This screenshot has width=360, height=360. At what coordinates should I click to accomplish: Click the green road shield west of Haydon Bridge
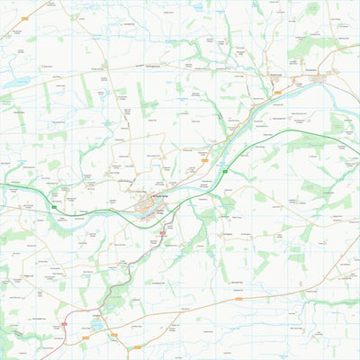pyautogui.click(x=53, y=208)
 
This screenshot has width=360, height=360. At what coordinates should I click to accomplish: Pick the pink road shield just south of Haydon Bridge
pyautogui.click(x=162, y=233)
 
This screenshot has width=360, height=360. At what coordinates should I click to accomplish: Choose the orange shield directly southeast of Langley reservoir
pyautogui.click(x=114, y=335)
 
